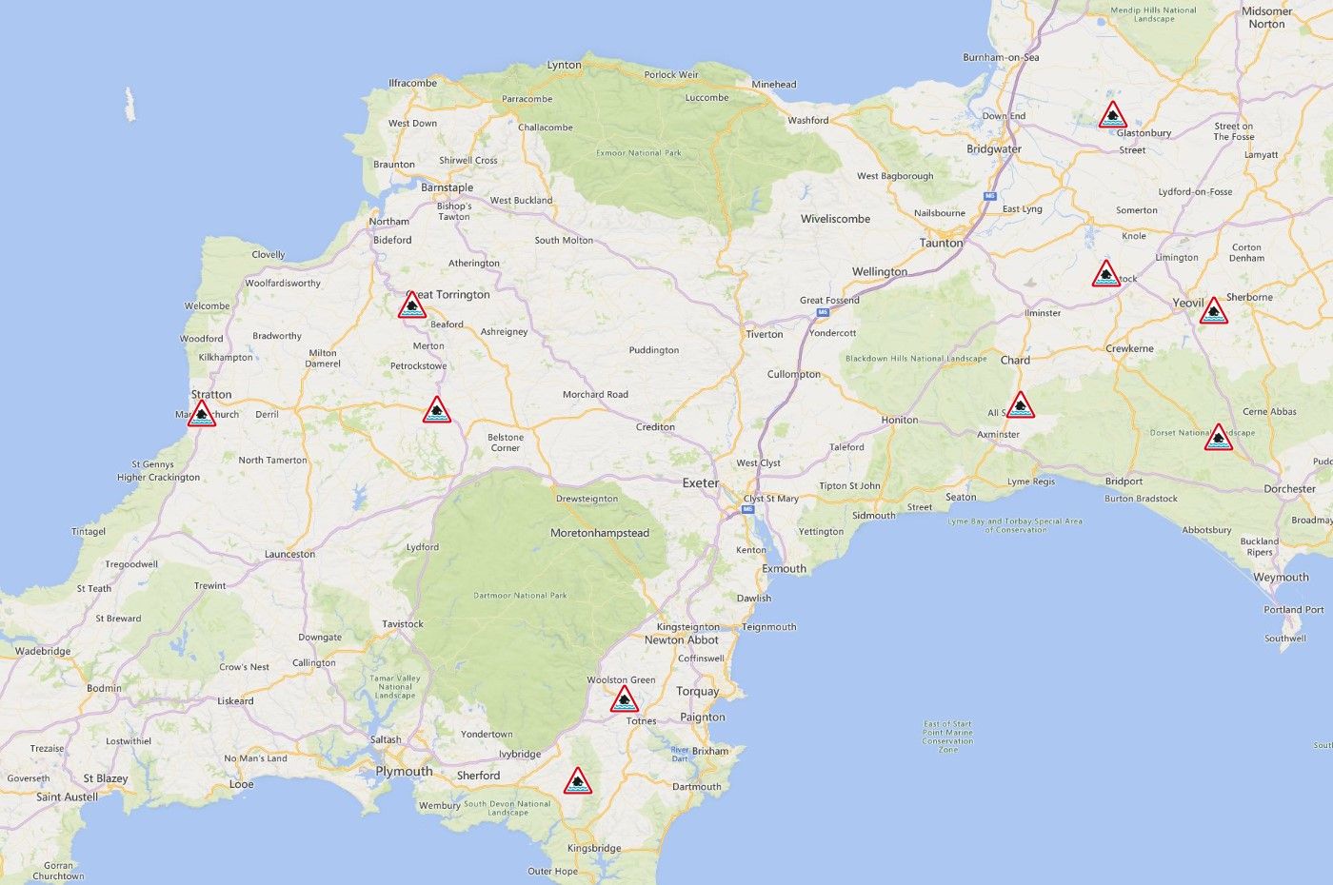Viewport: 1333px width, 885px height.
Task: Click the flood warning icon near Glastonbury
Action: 1112,116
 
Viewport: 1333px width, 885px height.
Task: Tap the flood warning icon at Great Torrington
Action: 412,306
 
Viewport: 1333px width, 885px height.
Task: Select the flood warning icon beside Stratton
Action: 201,414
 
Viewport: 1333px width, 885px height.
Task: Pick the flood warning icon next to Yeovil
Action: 1213,311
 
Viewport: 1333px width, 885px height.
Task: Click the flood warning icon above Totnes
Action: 624,700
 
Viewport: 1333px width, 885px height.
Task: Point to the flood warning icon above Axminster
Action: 1020,406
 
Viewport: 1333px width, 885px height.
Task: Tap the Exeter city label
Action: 701,483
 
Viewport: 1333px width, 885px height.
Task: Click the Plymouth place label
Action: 404,771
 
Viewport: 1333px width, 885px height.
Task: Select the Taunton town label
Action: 941,243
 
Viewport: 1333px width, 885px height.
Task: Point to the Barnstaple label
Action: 447,187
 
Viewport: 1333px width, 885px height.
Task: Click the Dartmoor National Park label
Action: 520,596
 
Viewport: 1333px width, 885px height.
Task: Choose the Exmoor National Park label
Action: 639,152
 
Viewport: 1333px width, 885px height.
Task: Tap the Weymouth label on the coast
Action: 1281,578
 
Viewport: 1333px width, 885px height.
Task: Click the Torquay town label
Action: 697,692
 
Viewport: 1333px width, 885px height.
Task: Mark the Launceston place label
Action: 289,554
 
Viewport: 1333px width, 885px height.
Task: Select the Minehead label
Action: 773,85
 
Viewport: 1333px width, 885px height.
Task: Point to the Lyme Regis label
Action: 1031,482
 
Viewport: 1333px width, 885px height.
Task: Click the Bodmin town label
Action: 104,688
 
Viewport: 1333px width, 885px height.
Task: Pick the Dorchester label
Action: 1289,489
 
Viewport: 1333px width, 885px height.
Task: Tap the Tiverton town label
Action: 764,334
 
